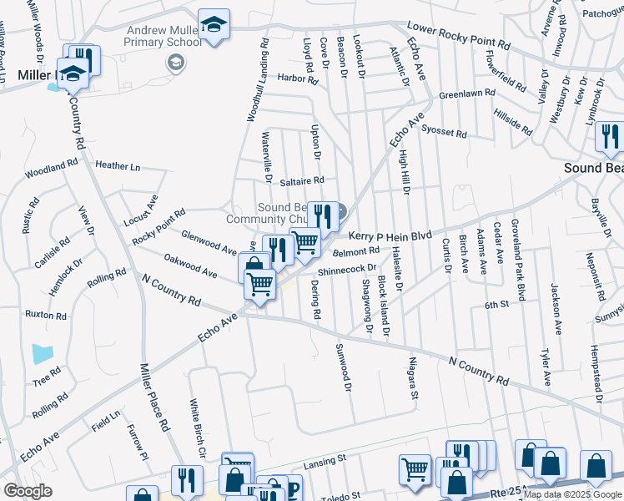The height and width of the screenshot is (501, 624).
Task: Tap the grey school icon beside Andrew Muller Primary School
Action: [176, 62]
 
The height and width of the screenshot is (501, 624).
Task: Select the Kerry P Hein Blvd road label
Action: [390, 237]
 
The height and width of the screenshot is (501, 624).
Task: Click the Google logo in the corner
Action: [28, 491]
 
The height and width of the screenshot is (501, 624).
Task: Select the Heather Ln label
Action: [118, 166]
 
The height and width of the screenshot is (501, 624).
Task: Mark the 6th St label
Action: [497, 306]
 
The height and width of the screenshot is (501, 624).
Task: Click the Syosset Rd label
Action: [444, 132]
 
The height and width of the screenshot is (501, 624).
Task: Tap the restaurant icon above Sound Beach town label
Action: [611, 139]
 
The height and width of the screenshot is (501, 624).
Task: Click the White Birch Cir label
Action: [197, 429]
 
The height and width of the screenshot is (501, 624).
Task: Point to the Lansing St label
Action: [325, 459]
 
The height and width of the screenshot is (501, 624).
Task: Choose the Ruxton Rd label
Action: [46, 316]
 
